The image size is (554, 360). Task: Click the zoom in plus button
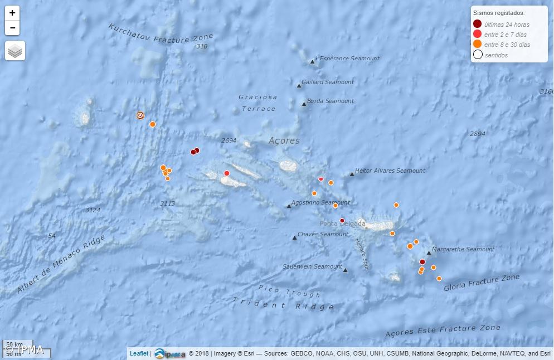[12, 13]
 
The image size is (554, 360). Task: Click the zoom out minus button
[12, 27]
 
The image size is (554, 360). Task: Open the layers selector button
[15, 51]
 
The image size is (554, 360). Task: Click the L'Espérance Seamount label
[348, 59]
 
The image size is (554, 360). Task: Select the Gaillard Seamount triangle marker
[299, 85]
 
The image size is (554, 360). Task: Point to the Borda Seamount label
[331, 101]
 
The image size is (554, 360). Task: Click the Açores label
[284, 141]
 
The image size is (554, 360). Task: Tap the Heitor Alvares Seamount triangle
[352, 174]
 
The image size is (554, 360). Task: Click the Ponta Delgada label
[342, 223]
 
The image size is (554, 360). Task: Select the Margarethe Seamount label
[463, 249]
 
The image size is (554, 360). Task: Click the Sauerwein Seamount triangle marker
[345, 270]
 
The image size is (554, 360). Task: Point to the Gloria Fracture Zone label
[482, 283]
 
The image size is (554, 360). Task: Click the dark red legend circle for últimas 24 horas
[477, 24]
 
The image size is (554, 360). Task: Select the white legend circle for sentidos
[477, 55]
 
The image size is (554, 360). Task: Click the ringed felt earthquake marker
[140, 115]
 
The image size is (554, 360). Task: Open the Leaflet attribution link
[139, 353]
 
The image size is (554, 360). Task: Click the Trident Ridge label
[283, 304]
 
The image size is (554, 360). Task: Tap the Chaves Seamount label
[323, 234]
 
